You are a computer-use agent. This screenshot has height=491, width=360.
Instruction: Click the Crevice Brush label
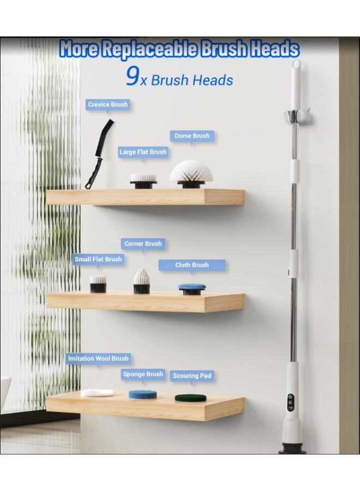click(107, 104)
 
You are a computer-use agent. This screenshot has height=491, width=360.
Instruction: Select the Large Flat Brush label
click(143, 152)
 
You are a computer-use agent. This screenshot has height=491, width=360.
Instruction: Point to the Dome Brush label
click(191, 136)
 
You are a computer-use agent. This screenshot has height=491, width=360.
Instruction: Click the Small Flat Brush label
click(98, 259)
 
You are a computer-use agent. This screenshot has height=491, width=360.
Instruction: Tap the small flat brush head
click(98, 284)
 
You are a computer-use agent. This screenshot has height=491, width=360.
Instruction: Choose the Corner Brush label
click(143, 244)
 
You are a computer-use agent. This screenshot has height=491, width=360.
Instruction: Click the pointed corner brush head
click(141, 281)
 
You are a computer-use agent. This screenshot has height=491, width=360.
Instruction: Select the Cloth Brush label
click(191, 265)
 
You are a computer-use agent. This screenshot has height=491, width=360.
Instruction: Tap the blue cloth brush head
click(192, 288)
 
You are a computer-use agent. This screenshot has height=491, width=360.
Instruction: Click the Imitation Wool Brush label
click(98, 358)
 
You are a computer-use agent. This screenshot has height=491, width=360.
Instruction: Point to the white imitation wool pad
click(97, 392)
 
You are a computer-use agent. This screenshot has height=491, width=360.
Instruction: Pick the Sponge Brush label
click(143, 374)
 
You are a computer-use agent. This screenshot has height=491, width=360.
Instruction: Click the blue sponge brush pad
click(142, 394)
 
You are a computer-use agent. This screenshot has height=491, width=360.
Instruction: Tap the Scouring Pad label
click(192, 376)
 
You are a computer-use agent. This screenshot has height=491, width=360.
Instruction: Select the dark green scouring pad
click(190, 397)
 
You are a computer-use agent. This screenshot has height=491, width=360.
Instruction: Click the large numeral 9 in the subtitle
click(133, 77)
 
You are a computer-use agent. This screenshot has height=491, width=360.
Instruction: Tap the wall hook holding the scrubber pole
click(295, 115)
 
